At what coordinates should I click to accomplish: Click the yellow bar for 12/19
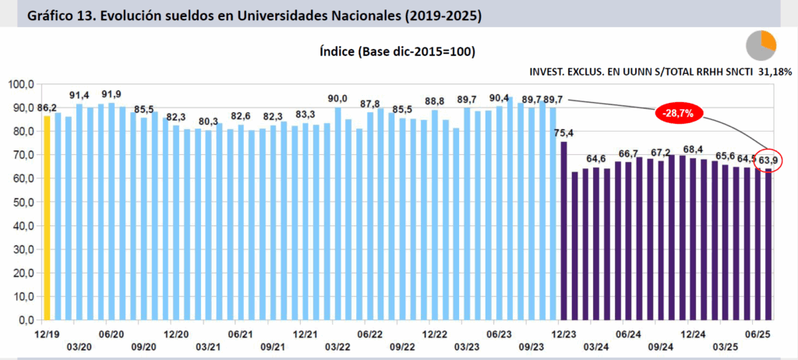click(x=48, y=217)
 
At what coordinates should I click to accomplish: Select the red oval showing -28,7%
click(x=678, y=113)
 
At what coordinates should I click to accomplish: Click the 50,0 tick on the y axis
click(x=21, y=202)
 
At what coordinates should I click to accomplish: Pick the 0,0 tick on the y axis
click(x=24, y=320)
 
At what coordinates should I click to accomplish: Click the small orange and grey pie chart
click(x=761, y=45)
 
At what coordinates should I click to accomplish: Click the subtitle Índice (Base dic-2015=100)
click(x=397, y=51)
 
